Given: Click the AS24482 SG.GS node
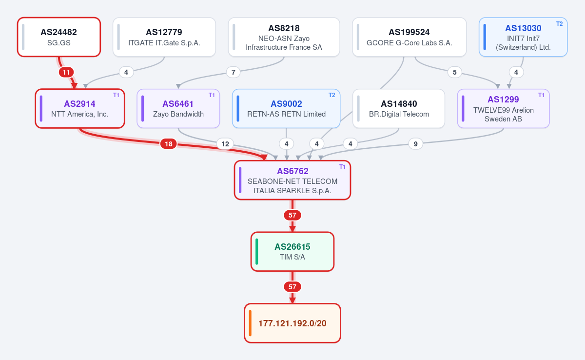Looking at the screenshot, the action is [x=59, y=37].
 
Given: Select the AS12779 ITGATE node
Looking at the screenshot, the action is [x=164, y=37].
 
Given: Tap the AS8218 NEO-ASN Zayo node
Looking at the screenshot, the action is [x=284, y=37].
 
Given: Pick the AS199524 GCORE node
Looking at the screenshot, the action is [x=409, y=37].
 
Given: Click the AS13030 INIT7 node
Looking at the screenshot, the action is [x=523, y=37].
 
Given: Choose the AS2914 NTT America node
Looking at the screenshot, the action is [x=80, y=109].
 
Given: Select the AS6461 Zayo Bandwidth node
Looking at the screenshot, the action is [x=178, y=109].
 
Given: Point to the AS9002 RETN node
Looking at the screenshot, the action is [x=286, y=109].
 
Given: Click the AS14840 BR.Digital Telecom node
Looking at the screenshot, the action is [x=399, y=109].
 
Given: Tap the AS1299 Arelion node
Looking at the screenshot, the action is [x=504, y=109].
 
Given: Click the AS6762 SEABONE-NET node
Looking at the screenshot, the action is [x=292, y=180].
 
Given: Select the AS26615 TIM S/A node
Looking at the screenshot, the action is [x=292, y=252].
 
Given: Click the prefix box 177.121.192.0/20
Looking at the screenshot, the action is [x=292, y=323].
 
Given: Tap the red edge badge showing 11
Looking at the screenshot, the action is [x=66, y=72].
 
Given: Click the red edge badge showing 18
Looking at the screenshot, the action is [x=169, y=144].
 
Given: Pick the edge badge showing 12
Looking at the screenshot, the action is [x=225, y=144].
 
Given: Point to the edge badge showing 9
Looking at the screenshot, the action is [x=415, y=144].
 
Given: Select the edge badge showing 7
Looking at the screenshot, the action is [x=233, y=72].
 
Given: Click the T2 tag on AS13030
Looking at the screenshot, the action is [x=560, y=24].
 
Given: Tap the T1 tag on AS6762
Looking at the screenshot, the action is [x=342, y=167].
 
